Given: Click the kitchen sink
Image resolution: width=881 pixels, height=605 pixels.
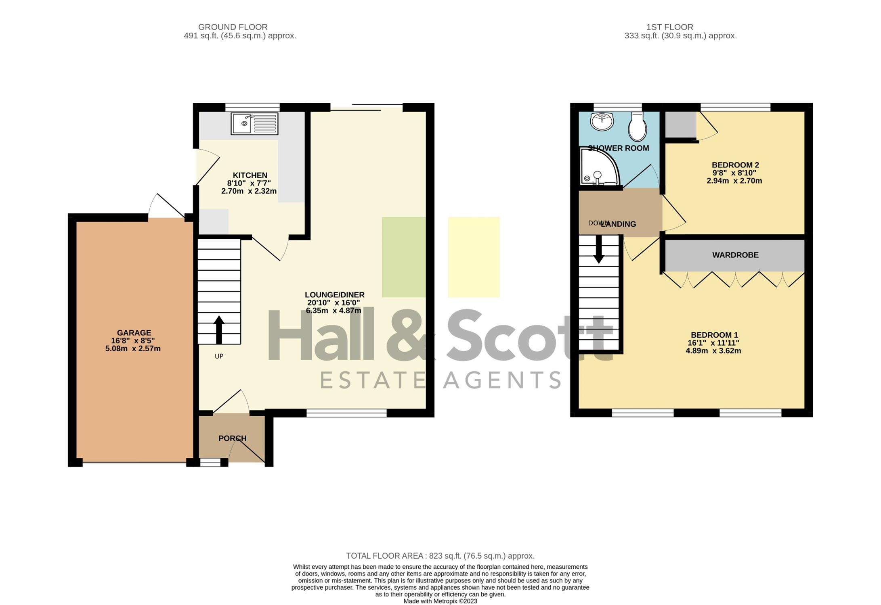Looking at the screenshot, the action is coord(254,123).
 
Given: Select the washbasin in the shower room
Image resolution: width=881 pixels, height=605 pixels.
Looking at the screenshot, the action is coord(602,121).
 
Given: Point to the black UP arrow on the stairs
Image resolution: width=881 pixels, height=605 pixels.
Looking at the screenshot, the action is coord(219,330).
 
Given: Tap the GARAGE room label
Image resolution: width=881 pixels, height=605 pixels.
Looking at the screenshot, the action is coord(134,333).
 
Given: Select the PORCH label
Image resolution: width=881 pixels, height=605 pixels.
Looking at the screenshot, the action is coord(232,438).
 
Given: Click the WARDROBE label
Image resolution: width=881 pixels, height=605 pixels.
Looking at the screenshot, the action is coord(735,255).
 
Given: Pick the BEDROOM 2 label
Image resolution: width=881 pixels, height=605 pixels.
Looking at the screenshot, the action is coord(735,165).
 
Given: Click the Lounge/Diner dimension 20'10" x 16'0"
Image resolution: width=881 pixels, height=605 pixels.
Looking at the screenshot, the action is coord(333,302).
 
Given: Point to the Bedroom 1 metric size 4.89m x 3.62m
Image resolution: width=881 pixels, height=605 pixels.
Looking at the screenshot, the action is coord(713,351).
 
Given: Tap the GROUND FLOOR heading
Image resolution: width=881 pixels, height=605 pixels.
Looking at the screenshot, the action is coord(233,27).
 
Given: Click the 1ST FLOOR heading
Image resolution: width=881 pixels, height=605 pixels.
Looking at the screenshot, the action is coord(670,27).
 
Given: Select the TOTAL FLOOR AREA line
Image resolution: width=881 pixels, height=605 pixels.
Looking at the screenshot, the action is coord(440,556).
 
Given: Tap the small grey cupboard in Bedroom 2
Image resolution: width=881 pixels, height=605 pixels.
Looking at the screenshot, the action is coord(680,124).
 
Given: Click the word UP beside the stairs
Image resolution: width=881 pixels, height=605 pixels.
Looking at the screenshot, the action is coord(219,356).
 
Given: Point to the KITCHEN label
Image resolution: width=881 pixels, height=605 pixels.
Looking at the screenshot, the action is coord(250,175).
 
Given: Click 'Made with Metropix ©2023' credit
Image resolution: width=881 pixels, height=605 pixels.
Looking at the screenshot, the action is coord(440,601).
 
